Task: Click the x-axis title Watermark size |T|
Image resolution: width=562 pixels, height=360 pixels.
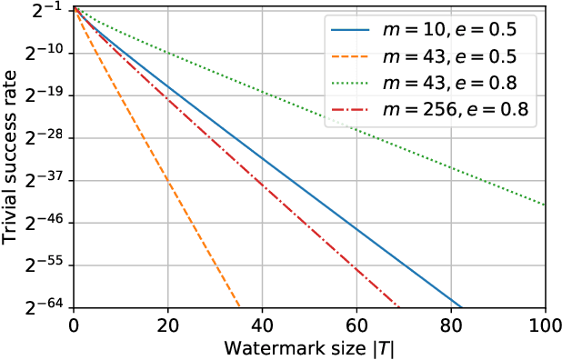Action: [309, 346]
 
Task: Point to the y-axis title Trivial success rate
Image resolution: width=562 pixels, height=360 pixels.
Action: [11, 159]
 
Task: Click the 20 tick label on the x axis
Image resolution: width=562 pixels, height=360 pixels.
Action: [167, 325]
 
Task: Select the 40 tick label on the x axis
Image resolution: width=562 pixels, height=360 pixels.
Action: [262, 325]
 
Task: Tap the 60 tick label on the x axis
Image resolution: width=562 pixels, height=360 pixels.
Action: [356, 325]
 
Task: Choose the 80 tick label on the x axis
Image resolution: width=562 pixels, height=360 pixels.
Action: [451, 325]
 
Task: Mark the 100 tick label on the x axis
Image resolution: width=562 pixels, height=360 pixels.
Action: [545, 325]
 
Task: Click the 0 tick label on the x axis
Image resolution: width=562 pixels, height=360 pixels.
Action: [74, 325]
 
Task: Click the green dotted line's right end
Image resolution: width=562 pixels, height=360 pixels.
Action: [545, 205]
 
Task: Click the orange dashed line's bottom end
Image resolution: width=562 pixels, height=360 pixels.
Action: [238, 307]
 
